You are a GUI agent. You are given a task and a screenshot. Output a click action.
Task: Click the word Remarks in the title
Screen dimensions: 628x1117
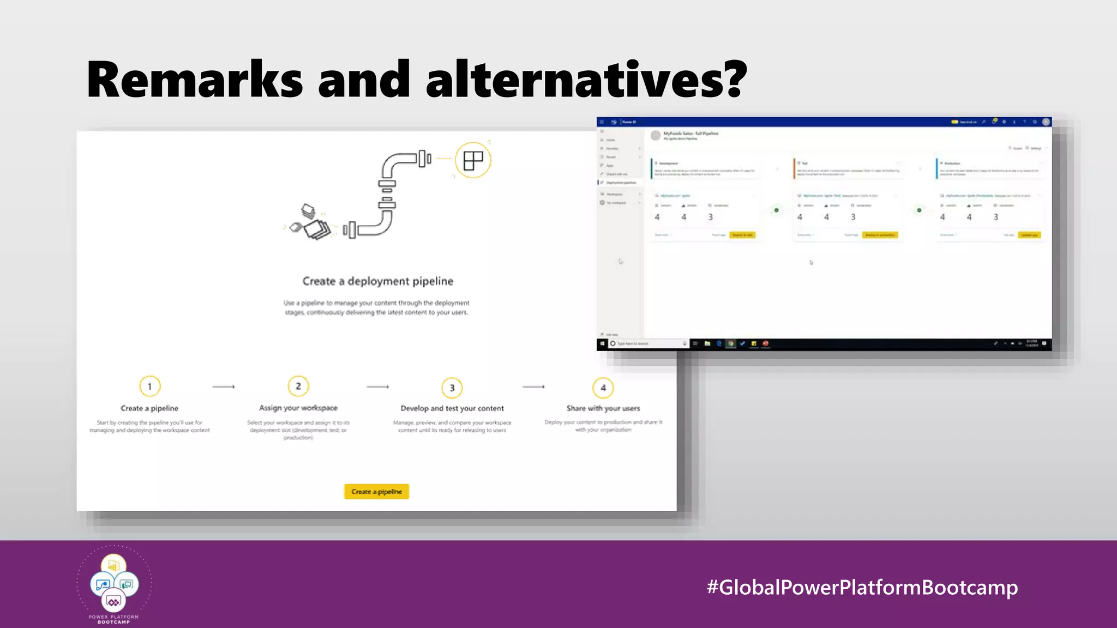coord(194,80)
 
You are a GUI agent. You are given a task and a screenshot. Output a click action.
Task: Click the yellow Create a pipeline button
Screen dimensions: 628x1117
coord(376,492)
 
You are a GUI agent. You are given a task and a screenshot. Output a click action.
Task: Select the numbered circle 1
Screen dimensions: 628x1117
coord(149,387)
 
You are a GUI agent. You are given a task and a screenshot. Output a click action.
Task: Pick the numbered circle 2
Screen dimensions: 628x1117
coord(298,386)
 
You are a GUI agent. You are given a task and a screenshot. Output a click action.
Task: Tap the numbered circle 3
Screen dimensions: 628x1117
coord(452,388)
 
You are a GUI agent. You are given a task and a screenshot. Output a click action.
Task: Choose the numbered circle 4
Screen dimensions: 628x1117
coord(603,388)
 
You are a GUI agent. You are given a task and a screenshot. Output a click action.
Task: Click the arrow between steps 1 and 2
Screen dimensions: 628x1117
coord(224,387)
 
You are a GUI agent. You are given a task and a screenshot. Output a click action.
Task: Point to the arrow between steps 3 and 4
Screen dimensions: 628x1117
coord(533,387)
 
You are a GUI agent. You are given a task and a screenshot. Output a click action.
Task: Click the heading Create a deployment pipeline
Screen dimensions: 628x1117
coord(377,281)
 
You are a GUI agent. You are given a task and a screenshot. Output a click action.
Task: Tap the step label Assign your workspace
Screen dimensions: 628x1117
coord(298,408)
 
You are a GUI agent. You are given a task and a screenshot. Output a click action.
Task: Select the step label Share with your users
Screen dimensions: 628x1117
coord(603,408)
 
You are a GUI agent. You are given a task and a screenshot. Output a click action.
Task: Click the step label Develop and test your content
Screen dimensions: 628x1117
coord(452,408)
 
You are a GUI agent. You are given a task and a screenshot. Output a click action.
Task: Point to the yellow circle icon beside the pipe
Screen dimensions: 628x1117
coord(473,160)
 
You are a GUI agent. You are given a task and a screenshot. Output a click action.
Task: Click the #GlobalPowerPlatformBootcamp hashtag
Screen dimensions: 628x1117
coord(862,587)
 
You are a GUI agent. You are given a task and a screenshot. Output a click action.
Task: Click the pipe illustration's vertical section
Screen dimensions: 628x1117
coord(387,196)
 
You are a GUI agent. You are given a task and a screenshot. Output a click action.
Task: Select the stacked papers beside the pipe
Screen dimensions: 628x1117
coord(314,224)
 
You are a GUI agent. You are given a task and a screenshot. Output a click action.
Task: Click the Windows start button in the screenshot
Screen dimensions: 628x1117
coord(602,343)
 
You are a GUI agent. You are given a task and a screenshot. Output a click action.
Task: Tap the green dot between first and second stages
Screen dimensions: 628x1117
coord(776,210)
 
